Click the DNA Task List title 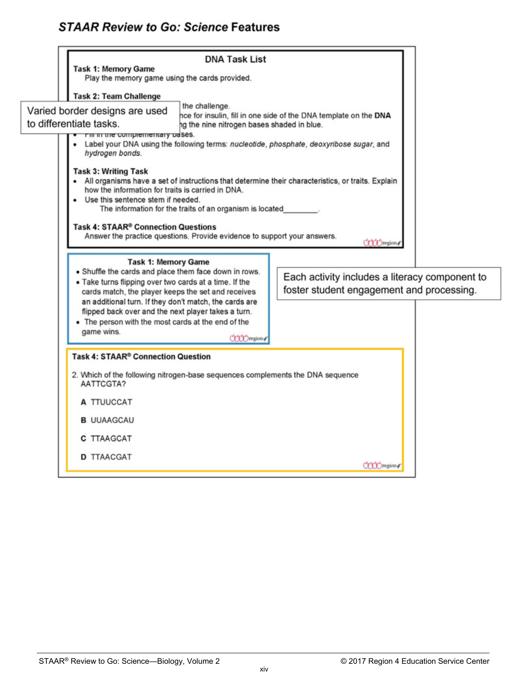[235, 59]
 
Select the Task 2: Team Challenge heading [117, 96]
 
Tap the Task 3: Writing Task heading [110, 171]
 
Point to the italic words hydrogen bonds [113, 153]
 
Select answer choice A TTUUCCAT [107, 402]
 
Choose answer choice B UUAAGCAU [107, 420]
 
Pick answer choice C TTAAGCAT [107, 438]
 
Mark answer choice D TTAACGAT [107, 457]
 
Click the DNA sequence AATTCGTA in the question [103, 384]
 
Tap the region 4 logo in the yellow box [381, 465]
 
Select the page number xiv [264, 669]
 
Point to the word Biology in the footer [170, 661]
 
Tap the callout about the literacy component [388, 283]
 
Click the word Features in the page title [255, 27]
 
